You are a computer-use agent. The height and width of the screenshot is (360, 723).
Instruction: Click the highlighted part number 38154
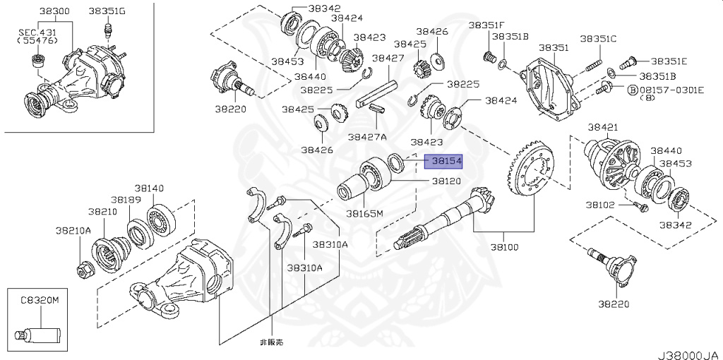click(x=443, y=162)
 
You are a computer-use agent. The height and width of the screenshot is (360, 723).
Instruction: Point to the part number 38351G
click(x=107, y=11)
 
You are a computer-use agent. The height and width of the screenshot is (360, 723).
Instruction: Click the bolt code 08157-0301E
click(x=671, y=90)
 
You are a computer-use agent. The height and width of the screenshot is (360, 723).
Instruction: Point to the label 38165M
click(x=364, y=212)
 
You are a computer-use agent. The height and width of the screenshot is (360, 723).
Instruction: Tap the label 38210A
click(x=74, y=230)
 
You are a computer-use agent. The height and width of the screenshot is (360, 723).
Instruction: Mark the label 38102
click(x=599, y=205)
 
